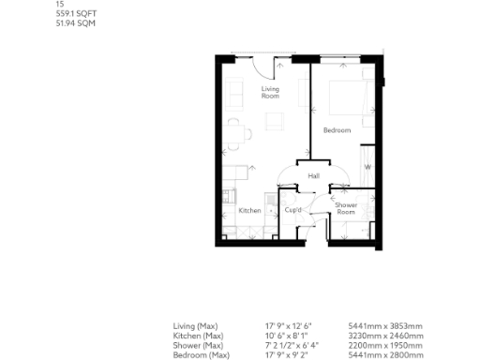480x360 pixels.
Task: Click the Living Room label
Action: (270, 92)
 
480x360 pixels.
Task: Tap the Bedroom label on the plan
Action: (336, 129)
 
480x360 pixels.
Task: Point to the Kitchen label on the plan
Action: (249, 211)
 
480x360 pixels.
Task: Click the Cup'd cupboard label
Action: (292, 211)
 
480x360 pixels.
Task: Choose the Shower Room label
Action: (347, 208)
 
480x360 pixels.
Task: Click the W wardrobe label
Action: (367, 167)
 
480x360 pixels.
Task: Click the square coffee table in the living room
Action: (275, 122)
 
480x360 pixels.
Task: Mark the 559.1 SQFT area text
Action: (75, 12)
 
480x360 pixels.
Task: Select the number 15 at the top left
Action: (60, 4)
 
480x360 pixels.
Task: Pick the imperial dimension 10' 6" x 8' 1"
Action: (292, 337)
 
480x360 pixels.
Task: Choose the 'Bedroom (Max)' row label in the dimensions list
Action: (202, 355)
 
